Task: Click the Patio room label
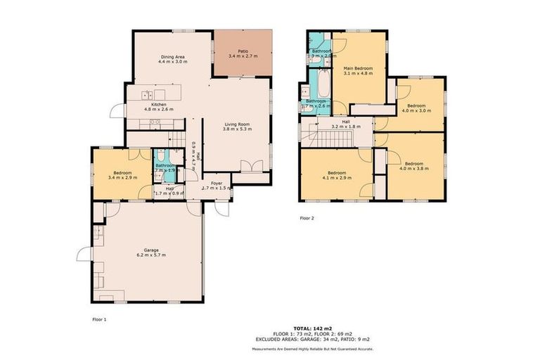pos(243,52)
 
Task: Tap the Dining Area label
pos(172,57)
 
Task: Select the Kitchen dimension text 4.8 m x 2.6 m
pos(158,110)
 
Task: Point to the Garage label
pos(151,250)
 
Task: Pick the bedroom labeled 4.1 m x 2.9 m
pos(336,175)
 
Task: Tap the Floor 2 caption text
pos(307,218)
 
